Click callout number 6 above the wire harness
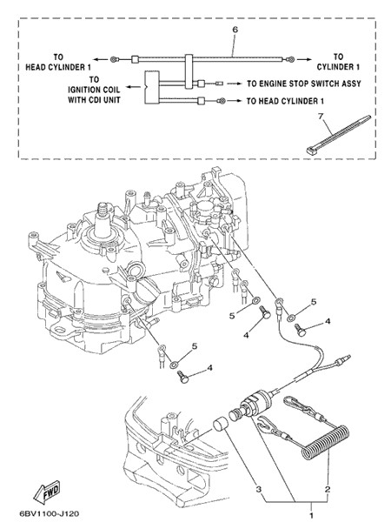pyautogui.click(x=235, y=30)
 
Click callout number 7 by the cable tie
pyautogui.click(x=321, y=117)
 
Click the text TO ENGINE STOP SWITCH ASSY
pyautogui.click(x=304, y=84)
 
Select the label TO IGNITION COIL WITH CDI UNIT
pyautogui.click(x=94, y=90)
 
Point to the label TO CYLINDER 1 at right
pyautogui.click(x=338, y=62)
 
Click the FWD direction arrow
pyautogui.click(x=47, y=491)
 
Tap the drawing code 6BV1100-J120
pyautogui.click(x=50, y=514)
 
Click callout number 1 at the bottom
pyautogui.click(x=311, y=515)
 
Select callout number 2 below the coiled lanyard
pyautogui.click(x=328, y=489)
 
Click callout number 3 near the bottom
pyautogui.click(x=258, y=489)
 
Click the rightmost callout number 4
pyautogui.click(x=328, y=322)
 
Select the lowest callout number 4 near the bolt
pyautogui.click(x=209, y=367)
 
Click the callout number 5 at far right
pyautogui.click(x=314, y=302)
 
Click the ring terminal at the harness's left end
pyautogui.click(x=114, y=60)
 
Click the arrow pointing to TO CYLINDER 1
pyautogui.click(x=304, y=60)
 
